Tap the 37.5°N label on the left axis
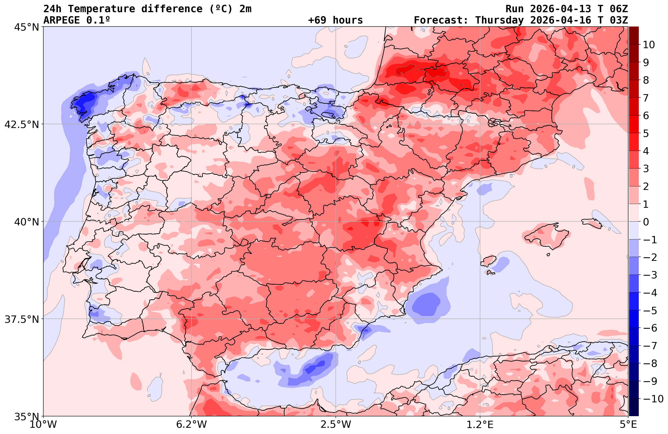(x=22, y=319)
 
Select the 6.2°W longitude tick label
(x=191, y=424)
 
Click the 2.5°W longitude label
(x=336, y=424)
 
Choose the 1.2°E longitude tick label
(x=480, y=424)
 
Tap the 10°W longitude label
(x=43, y=424)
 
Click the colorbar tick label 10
(x=649, y=45)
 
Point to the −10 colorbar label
(x=653, y=399)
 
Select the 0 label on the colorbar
(x=646, y=222)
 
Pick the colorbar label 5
(x=646, y=134)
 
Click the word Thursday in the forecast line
(x=499, y=20)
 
